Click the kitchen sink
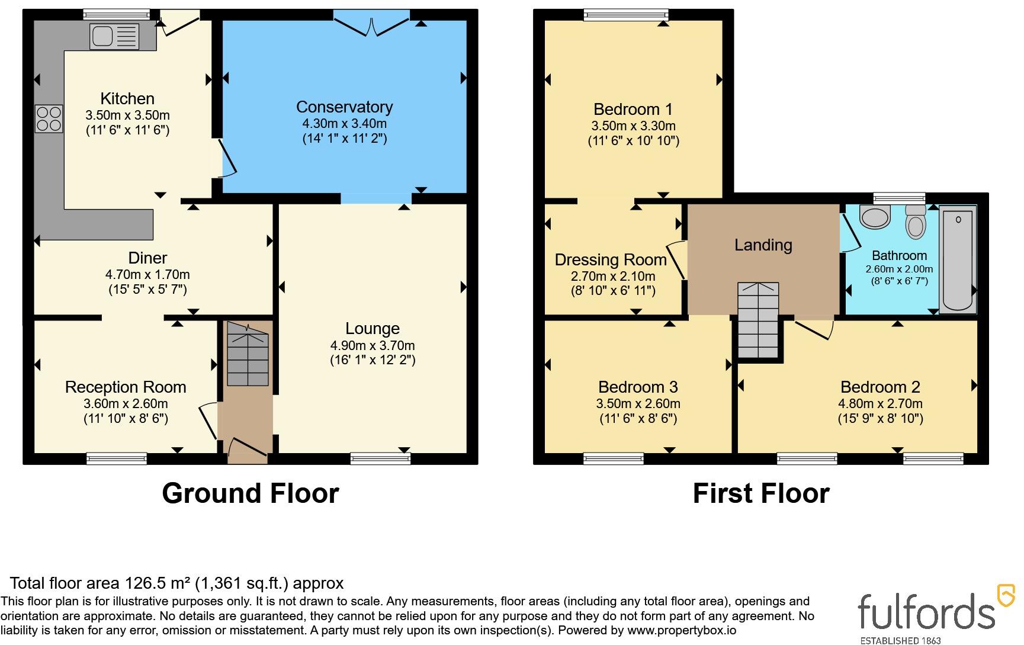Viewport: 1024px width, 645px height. coord(114,36)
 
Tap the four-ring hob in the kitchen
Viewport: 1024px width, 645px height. coord(49,118)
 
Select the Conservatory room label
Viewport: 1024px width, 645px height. coord(344,107)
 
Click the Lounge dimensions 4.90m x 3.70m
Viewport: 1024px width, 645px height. coord(373,345)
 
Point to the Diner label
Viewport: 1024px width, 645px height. coord(147,258)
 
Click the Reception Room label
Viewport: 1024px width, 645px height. coord(126,387)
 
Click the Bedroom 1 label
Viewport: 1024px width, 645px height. coord(633,109)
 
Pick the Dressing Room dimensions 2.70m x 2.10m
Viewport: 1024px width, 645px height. coord(613,276)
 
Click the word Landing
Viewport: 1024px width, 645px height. coord(763,245)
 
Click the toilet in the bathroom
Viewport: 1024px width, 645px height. coord(916,223)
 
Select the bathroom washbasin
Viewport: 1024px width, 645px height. coord(875,217)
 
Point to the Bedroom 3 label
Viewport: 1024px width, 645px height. coord(638,387)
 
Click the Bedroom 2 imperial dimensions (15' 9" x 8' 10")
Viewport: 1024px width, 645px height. coord(880,419)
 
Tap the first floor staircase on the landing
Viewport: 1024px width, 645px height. coord(757,320)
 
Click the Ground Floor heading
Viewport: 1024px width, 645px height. coord(251,493)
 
